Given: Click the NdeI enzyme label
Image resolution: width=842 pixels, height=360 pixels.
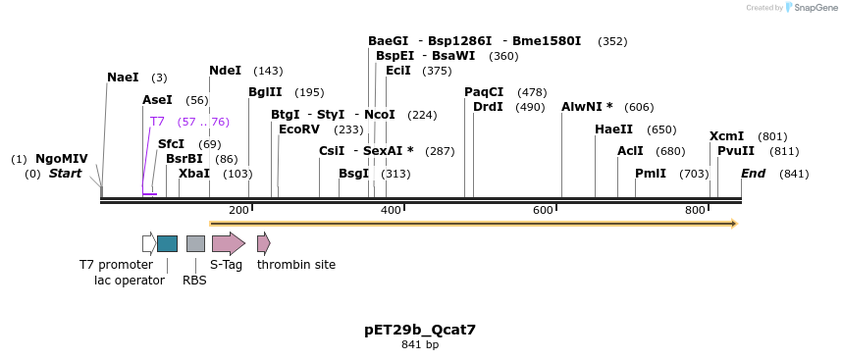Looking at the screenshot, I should (225, 71).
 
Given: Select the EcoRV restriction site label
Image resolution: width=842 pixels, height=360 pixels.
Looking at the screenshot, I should (299, 129).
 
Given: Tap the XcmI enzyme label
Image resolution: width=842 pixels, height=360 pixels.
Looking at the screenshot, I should (726, 136).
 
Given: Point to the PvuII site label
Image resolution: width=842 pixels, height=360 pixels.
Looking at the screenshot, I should (735, 151).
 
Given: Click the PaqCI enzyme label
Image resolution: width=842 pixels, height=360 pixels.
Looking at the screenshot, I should (484, 92).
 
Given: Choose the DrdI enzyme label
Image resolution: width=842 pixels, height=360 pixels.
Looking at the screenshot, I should (488, 107).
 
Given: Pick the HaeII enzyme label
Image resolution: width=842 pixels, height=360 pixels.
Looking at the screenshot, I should (613, 129).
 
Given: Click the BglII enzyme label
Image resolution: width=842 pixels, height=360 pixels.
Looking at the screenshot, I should (265, 92).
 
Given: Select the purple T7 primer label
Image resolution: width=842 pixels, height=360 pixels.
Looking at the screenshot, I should (157, 122).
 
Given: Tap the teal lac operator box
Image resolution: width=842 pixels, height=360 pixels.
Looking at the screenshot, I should (167, 243).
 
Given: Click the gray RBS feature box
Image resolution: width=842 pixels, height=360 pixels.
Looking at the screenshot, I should (195, 243).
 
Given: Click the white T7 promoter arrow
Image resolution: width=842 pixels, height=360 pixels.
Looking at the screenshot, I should (148, 243).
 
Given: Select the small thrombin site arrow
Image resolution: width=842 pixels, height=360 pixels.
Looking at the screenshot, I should (263, 243).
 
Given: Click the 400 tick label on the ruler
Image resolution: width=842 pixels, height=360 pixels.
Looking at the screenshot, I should (391, 211).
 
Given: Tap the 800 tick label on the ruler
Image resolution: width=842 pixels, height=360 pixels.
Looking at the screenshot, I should (695, 211).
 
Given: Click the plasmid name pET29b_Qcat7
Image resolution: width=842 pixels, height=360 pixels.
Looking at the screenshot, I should (420, 330).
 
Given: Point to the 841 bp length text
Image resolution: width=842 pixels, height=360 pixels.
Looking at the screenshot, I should (420, 345).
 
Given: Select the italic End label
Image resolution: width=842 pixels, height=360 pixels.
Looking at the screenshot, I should (753, 174).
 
